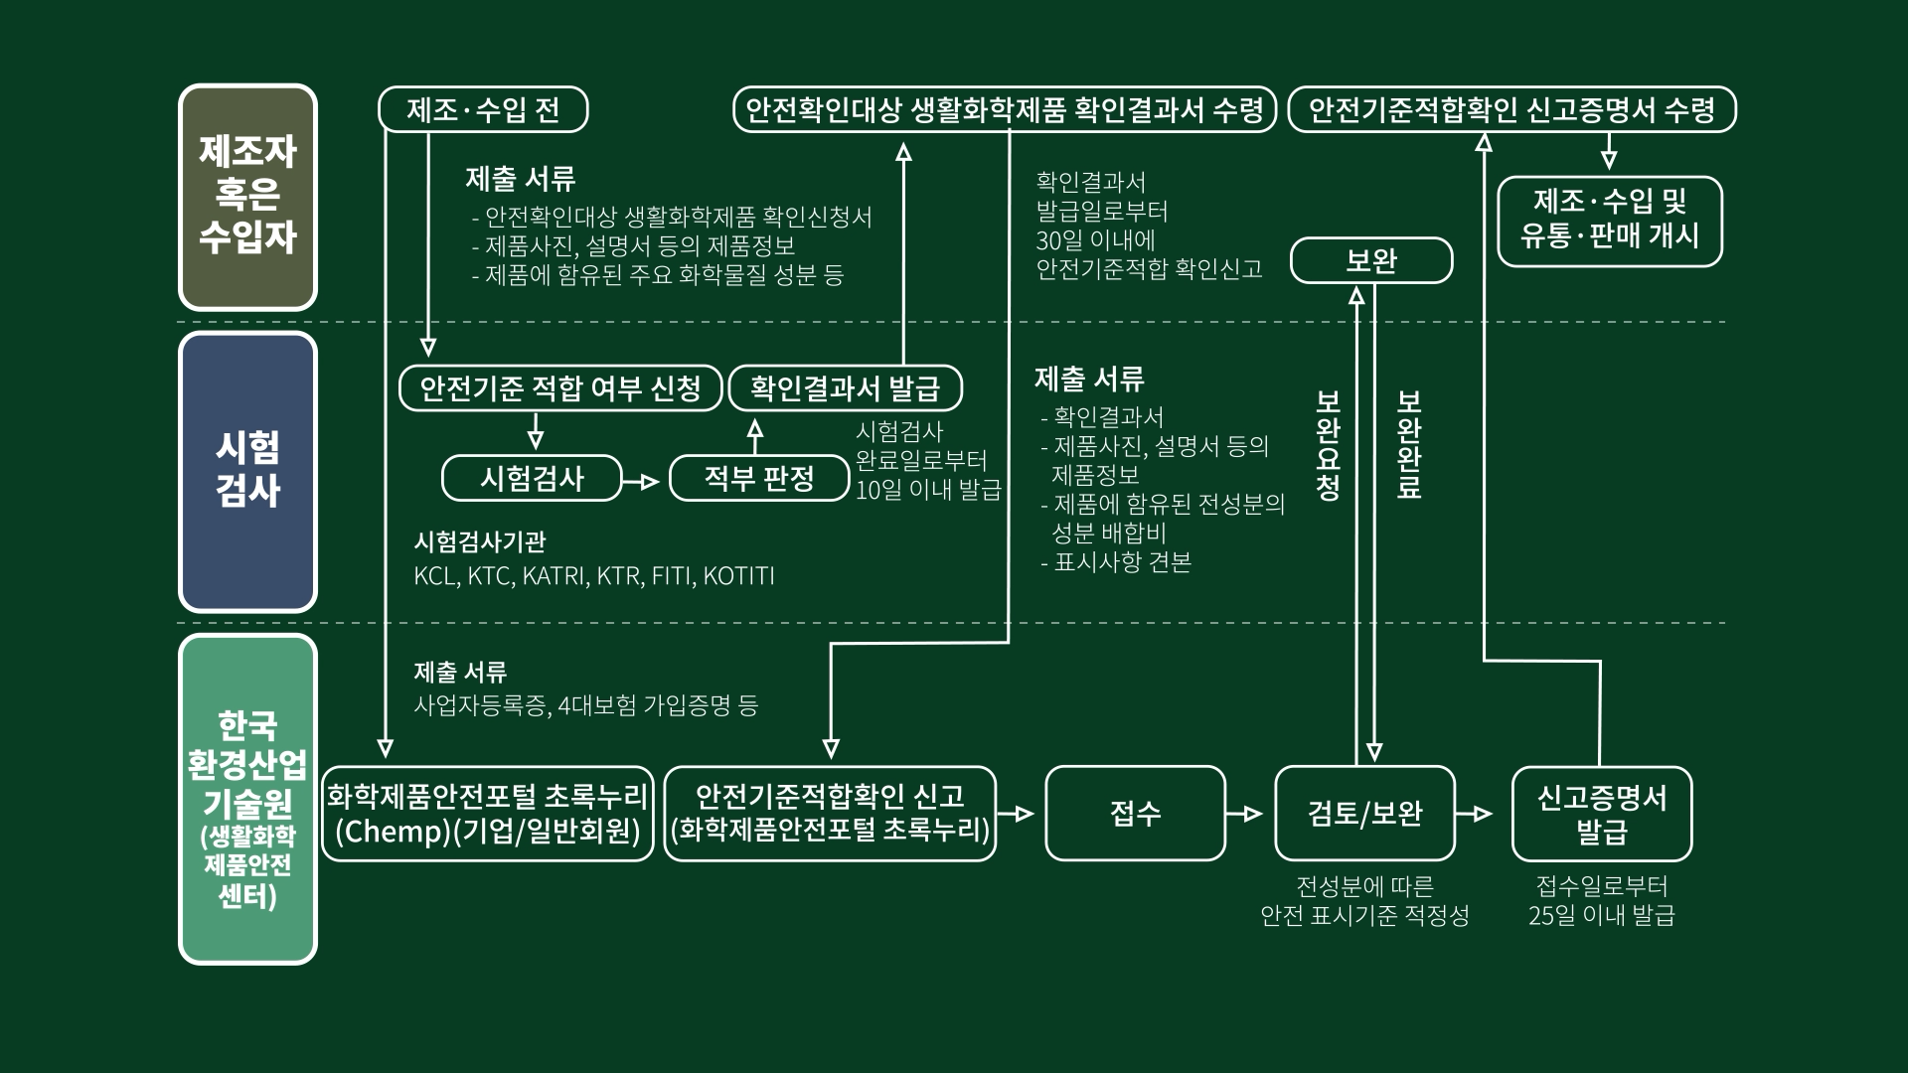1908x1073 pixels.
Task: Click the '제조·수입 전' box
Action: pos(483,109)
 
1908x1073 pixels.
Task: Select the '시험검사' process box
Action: pos(532,479)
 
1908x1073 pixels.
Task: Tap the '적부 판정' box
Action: pos(759,479)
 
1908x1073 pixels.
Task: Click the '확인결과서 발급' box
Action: pos(845,387)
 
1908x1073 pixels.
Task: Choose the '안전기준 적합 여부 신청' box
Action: pos(560,387)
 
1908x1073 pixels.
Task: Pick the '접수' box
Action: pos(1135,814)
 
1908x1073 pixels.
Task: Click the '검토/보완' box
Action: pos(1364,814)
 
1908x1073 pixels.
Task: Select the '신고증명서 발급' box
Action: pos(1601,814)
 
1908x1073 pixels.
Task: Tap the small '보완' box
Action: pos(1371,261)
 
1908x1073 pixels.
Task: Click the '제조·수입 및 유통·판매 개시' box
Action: pos(1609,221)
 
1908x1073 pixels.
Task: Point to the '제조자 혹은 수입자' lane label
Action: pos(247,196)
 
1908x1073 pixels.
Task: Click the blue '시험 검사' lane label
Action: pos(247,471)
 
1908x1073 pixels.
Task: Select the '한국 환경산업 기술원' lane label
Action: pos(247,799)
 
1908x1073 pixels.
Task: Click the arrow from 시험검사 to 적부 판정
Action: pos(644,482)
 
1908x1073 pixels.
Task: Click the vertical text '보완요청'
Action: pos(1329,444)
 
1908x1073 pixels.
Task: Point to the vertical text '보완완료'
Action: pos(1409,444)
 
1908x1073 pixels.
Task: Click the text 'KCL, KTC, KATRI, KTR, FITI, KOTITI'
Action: pos(594,576)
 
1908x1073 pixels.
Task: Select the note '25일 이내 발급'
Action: pos(1601,915)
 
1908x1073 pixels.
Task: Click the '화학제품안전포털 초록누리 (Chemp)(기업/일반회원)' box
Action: pos(488,814)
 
